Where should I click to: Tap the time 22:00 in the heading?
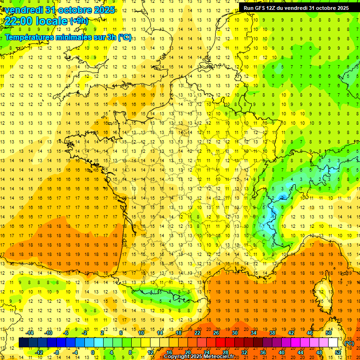pos(20,21)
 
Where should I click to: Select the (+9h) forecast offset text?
pos(78,21)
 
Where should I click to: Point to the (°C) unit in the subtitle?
pos(124,37)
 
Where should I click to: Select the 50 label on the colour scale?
pos(329,333)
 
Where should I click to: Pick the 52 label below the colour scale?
pos(338,352)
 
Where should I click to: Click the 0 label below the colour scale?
pos(93,352)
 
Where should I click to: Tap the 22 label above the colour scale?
pos(197,333)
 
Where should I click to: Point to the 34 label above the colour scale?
pos(254,333)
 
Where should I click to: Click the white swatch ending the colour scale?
pos(333,343)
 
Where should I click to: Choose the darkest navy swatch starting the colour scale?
pos(23,343)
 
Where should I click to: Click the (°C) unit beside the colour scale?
pos(349,343)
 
